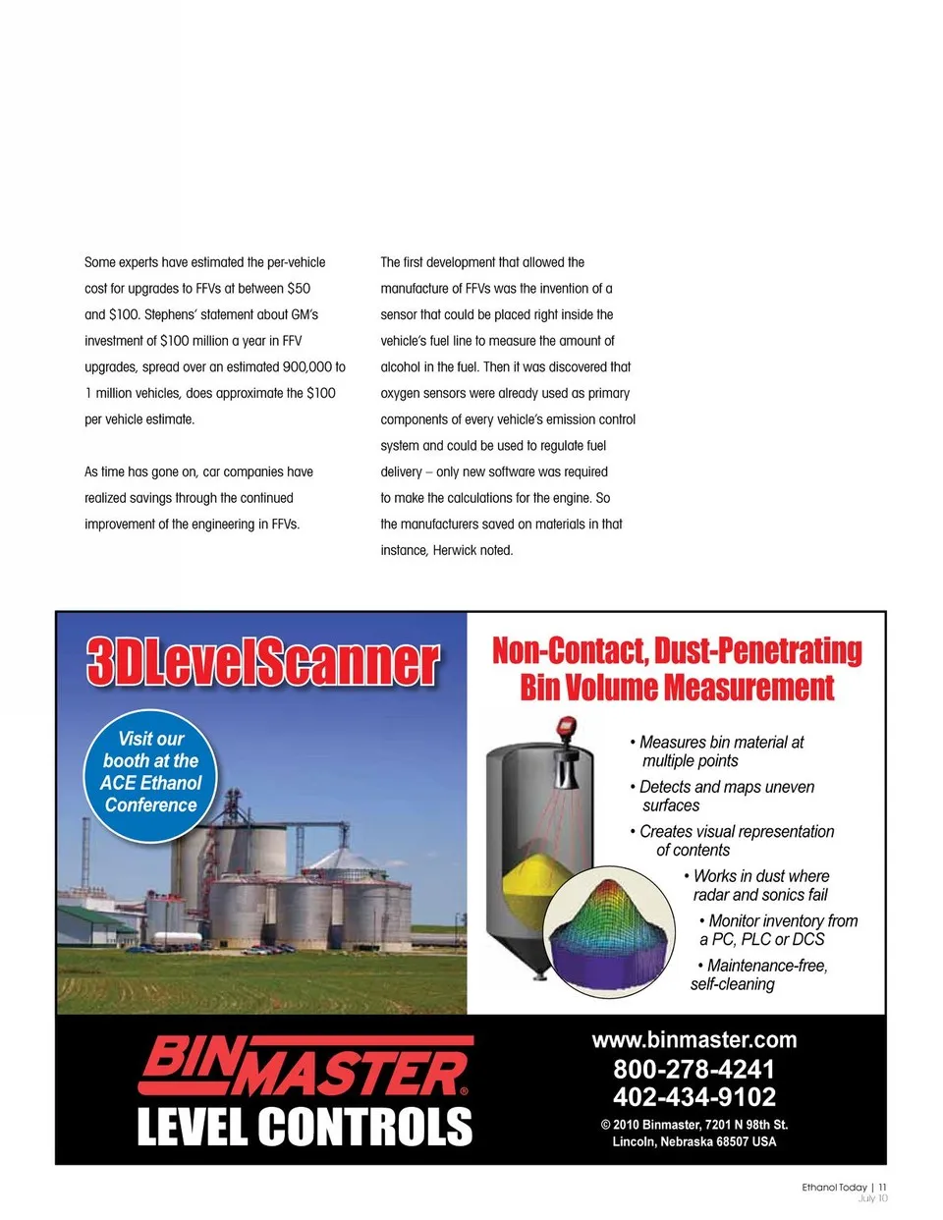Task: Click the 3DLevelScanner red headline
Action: pos(262,661)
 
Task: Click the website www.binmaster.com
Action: pos(693,1040)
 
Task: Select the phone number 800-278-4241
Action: pos(693,1070)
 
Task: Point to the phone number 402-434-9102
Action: pos(693,1097)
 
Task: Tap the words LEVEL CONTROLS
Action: pos(305,1127)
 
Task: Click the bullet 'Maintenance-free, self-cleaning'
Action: pos(758,975)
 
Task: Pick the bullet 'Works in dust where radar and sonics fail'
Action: pos(760,885)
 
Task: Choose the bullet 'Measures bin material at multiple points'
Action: pos(721,751)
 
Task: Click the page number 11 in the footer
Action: pos(882,1188)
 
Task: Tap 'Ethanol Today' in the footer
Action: pos(834,1188)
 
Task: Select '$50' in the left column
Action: pos(299,289)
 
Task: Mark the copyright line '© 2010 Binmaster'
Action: pos(693,1125)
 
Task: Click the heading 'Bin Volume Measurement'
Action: pos(677,688)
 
